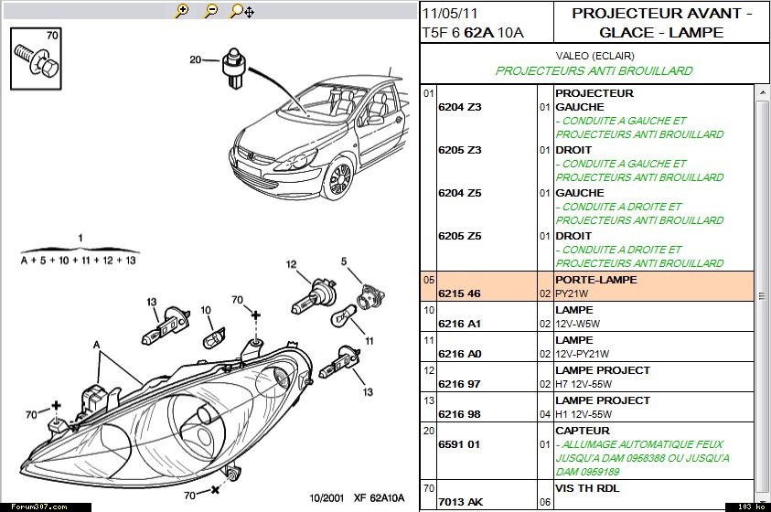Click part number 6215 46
(x=459, y=293)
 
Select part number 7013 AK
(x=460, y=502)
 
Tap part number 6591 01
(x=459, y=445)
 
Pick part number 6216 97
(x=459, y=385)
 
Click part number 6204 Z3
(x=459, y=107)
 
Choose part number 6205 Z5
(x=459, y=236)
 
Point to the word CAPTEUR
(x=582, y=431)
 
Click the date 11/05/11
(x=449, y=14)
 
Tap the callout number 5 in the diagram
(x=345, y=262)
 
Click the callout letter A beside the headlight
(x=95, y=345)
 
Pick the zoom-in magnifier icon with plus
(x=181, y=11)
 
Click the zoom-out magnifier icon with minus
(x=210, y=11)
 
